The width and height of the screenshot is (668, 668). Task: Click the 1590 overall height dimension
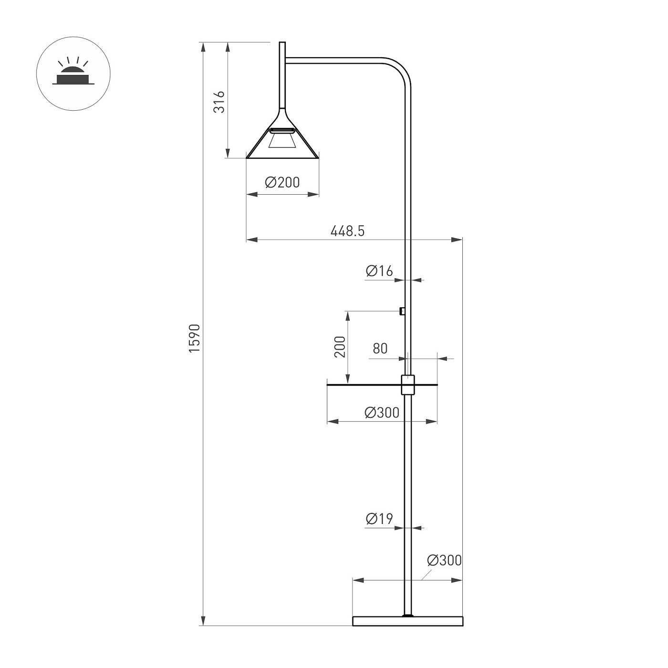point(194,338)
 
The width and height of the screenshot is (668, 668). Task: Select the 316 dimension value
point(219,102)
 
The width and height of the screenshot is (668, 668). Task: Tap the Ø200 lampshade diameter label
point(282,182)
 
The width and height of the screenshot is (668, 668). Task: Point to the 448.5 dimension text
point(347,231)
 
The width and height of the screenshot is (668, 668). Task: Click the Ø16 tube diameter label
point(379,271)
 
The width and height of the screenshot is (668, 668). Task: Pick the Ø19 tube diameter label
point(379,519)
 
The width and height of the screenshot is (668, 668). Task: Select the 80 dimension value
point(380,349)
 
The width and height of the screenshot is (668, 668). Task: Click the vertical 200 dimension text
point(340,347)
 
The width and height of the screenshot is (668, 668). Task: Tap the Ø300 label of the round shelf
point(382,413)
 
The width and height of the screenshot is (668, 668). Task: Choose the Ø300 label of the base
point(444,560)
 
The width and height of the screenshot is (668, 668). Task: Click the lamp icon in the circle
point(73,73)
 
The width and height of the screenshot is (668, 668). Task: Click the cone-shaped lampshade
point(282,143)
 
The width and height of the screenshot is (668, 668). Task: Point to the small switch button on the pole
point(402,312)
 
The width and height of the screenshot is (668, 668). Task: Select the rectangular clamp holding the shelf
point(408,385)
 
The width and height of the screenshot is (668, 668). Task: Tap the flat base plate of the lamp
point(408,621)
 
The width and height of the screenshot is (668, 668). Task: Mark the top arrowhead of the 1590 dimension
point(203,47)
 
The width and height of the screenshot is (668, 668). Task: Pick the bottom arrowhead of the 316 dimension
point(228,154)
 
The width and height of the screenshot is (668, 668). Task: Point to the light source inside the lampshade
point(282,141)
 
